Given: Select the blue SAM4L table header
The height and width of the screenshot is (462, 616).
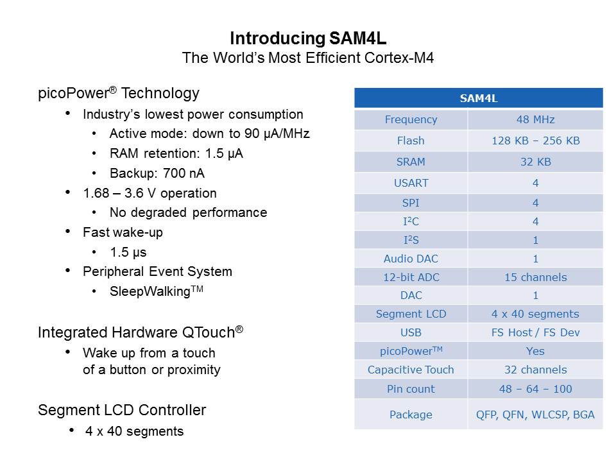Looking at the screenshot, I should (479, 98).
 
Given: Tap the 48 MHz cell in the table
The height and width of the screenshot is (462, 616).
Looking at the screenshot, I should (535, 119).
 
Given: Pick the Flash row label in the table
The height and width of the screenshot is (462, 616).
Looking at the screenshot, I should (411, 141).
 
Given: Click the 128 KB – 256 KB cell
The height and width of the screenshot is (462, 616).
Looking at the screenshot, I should (535, 141).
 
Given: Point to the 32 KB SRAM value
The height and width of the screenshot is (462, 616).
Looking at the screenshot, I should (535, 162).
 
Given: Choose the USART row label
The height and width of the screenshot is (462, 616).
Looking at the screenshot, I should (411, 183).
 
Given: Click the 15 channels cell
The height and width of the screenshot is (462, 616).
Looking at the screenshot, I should (535, 277).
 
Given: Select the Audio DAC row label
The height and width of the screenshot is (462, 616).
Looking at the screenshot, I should (411, 259).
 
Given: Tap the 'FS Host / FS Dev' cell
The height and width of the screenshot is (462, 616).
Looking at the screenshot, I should (535, 332).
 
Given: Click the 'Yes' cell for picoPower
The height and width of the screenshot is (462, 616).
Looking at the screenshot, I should (535, 351).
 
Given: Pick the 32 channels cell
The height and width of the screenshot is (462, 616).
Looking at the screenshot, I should (535, 370).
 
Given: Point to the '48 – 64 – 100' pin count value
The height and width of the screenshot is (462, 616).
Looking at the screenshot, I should (535, 389).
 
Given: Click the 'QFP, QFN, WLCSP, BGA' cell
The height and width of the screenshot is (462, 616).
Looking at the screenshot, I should (535, 415).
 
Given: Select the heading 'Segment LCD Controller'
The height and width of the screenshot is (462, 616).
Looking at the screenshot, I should (122, 410).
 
